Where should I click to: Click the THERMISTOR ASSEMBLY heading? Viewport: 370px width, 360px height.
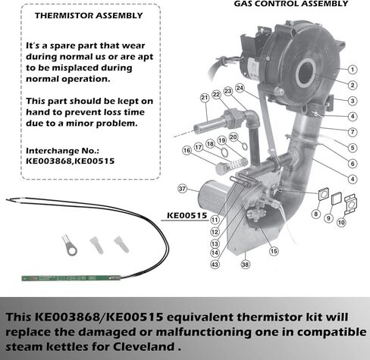coord(89,16)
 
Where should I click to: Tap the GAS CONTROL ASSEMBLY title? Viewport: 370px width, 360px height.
coord(291,4)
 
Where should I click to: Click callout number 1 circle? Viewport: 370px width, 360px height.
coord(353,70)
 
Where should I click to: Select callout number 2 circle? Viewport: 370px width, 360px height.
coord(353,85)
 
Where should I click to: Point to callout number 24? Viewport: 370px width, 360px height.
coord(240,88)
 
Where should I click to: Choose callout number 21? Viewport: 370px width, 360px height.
coord(205,98)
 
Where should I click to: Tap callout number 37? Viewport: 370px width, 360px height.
coord(182,189)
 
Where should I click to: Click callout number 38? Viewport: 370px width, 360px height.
coord(245,265)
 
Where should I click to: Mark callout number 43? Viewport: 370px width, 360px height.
coord(215,265)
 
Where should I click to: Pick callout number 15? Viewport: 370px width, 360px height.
coord(274,251)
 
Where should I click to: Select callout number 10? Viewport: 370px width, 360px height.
coord(341,223)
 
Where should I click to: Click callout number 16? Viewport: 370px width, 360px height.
coord(187,151)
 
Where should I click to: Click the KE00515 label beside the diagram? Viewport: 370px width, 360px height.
coord(187,216)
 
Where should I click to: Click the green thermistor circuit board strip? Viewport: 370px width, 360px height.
coord(71,278)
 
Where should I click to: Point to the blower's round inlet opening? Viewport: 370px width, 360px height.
coord(306,73)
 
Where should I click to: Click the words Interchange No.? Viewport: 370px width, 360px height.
coord(62,151)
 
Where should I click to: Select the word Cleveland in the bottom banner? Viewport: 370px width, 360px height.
coord(144,346)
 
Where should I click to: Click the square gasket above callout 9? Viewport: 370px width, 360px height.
coord(337,199)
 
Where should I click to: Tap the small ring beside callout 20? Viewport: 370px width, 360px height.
coord(244,146)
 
